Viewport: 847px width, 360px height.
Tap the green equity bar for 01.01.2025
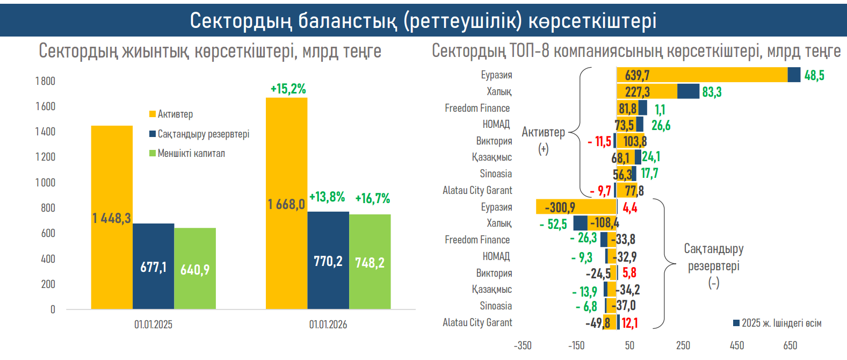pos(195,269)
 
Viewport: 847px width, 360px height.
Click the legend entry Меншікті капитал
pos(191,154)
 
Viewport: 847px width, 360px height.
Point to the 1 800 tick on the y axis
pos(45,81)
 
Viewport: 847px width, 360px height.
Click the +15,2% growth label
pos(288,89)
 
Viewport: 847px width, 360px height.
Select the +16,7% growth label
pos(373,198)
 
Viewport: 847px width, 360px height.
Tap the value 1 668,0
pos(286,204)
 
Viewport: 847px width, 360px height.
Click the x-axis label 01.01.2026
pos(328,325)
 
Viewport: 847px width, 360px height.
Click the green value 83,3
pos(712,92)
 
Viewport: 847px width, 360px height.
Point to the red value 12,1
pos(629,323)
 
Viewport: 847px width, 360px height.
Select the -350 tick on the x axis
pos(523,345)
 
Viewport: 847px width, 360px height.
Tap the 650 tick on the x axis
pos(790,345)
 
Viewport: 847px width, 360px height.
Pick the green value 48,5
pos(814,75)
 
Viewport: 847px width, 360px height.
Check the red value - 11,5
pos(599,141)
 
